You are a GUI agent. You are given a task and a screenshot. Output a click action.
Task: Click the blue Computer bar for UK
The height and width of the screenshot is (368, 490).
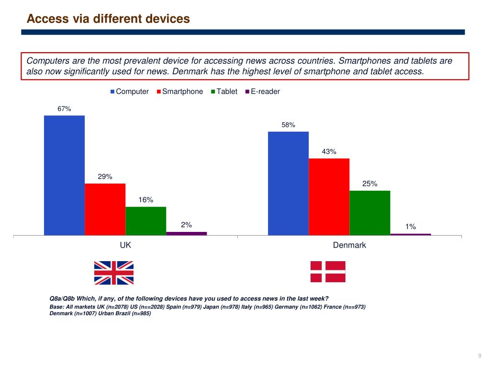(64, 175)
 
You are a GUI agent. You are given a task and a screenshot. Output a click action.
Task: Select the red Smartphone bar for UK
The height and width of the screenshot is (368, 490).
(105, 209)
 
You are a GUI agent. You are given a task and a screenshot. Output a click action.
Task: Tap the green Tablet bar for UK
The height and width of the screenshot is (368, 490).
(145, 221)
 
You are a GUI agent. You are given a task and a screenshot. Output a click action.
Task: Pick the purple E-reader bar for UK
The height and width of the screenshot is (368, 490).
(186, 233)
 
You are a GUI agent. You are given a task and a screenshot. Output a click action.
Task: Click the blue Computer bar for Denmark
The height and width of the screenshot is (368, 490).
(288, 184)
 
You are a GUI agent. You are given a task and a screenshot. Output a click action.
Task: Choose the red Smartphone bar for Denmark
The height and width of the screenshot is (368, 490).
(329, 196)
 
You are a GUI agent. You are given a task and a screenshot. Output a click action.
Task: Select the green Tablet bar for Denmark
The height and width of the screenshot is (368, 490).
(370, 213)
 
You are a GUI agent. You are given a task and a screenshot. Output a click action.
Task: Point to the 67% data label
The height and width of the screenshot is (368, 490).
(64, 109)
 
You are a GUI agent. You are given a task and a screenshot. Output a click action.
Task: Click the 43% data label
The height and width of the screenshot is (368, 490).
(329, 151)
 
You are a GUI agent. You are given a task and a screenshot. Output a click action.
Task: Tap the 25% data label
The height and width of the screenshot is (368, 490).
(370, 184)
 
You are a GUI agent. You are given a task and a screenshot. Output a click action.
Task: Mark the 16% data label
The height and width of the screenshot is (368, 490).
(145, 200)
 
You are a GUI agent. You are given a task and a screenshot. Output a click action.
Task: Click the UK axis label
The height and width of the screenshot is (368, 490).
(125, 245)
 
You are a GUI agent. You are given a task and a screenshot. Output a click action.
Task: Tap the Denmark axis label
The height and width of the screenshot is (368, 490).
(349, 245)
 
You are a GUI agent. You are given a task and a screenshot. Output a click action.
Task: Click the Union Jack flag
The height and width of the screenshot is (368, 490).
(114, 272)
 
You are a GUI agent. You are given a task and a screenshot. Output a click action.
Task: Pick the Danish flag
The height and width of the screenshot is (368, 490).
(328, 272)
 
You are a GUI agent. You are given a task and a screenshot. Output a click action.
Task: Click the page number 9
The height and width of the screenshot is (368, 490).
(480, 355)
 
